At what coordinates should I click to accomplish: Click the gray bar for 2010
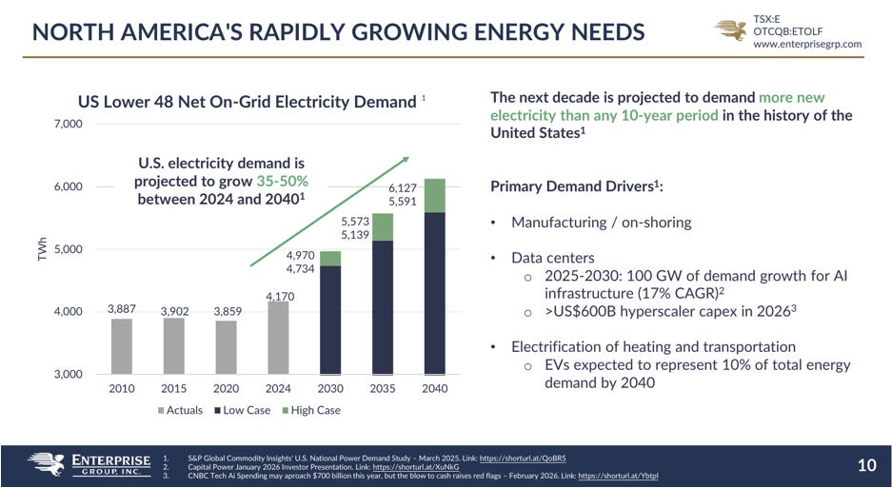pos(121,346)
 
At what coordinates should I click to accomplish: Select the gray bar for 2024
pos(278,338)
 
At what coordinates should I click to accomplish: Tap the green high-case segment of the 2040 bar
pos(435,196)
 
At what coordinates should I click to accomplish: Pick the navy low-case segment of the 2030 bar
pos(330,321)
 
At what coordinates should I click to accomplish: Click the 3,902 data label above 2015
pos(174,311)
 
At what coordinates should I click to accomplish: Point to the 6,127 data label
pos(403,187)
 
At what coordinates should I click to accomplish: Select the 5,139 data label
pos(355,234)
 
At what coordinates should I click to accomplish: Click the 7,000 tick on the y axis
pos(69,124)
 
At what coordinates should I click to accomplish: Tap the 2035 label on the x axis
pos(383,389)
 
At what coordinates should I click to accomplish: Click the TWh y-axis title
pos(42,249)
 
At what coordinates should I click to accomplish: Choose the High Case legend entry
pos(311,410)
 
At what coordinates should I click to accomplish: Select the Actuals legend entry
pos(180,410)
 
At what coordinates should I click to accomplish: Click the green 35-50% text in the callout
pos(282,182)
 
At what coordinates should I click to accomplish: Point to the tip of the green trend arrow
pos(409,157)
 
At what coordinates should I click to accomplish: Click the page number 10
pos(866,466)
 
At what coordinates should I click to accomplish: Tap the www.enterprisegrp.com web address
pos(807,44)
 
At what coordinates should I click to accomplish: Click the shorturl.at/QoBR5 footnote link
pos(523,458)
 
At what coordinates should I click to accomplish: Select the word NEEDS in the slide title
pos(603,31)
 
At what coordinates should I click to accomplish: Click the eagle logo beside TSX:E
pos(731,30)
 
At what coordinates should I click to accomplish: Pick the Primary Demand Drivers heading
pos(576,186)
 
